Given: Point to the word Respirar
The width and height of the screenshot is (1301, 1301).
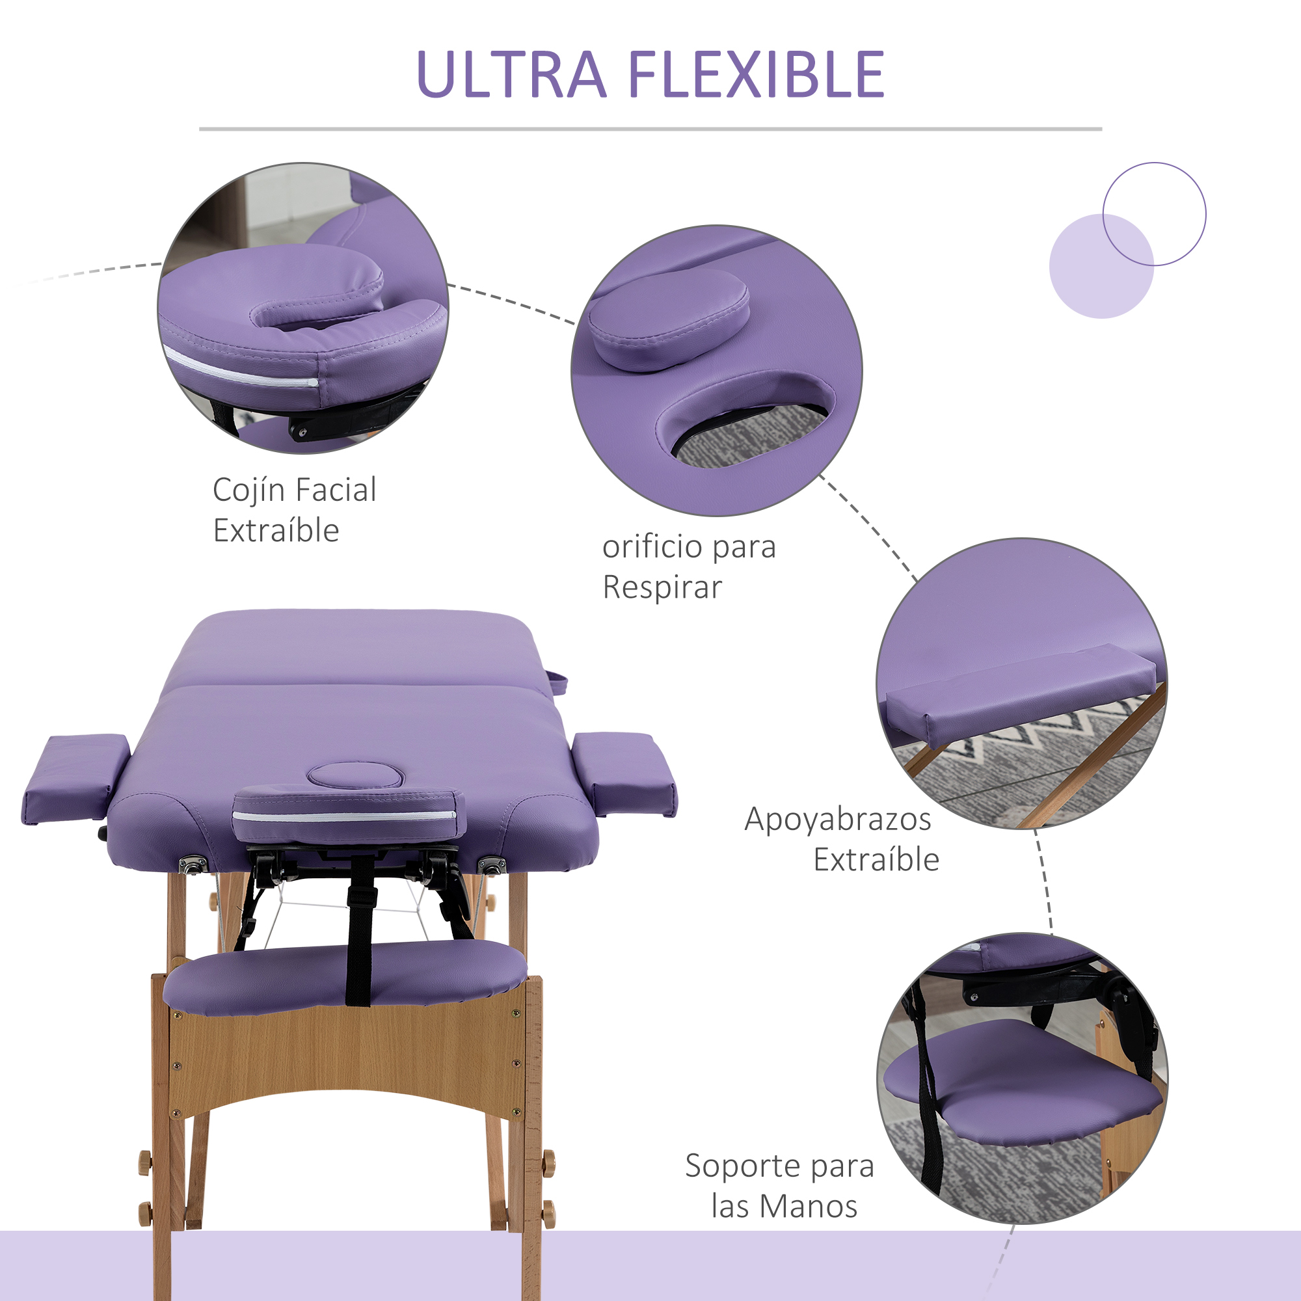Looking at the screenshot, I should pyautogui.click(x=662, y=587).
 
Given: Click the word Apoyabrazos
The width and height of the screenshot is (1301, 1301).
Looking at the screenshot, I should pyautogui.click(x=838, y=820).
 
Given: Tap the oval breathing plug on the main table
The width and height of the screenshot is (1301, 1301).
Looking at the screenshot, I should pyautogui.click(x=356, y=776).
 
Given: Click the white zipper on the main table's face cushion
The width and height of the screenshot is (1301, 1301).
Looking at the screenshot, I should pyautogui.click(x=345, y=817).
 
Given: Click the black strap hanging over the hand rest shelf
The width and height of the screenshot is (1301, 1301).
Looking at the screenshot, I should pyautogui.click(x=359, y=943).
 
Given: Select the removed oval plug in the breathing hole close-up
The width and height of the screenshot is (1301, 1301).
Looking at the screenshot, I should pyautogui.click(x=668, y=320).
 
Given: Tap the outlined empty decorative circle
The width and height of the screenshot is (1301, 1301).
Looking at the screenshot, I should pyautogui.click(x=1154, y=214).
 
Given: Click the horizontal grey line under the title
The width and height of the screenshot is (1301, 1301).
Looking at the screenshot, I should pyautogui.click(x=650, y=129).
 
